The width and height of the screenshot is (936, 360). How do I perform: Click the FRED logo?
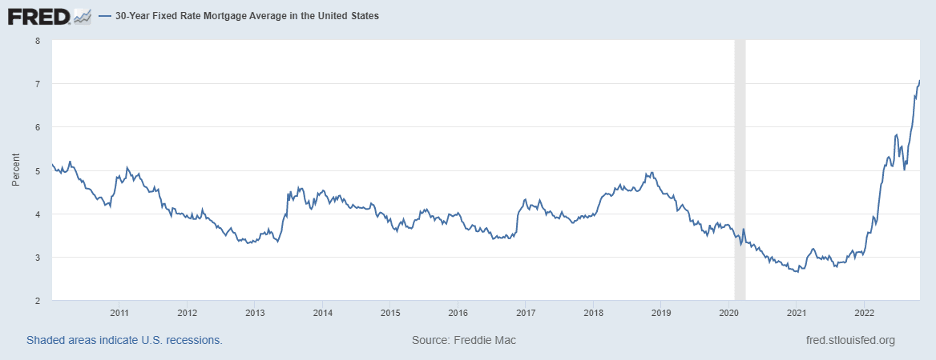(37, 17)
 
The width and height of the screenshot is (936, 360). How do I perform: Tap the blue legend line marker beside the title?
(105, 18)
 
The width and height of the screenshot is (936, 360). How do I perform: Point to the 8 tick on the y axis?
(37, 41)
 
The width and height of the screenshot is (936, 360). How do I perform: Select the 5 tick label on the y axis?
(37, 171)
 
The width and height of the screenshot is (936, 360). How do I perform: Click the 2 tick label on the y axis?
(37, 301)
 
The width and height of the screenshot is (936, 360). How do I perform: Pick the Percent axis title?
(15, 170)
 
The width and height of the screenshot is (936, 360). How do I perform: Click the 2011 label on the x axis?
(118, 313)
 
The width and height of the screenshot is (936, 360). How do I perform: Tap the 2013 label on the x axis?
(254, 313)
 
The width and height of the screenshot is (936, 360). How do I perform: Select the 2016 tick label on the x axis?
(457, 313)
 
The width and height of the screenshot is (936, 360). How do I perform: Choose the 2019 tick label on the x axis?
(660, 313)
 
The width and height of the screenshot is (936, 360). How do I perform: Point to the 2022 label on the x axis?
(863, 313)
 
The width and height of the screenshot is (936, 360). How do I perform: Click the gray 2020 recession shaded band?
(740, 170)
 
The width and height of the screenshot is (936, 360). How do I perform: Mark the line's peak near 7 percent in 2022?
(919, 81)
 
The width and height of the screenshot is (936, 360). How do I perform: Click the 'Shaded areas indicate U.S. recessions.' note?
(124, 340)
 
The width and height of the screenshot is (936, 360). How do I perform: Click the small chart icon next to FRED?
(82, 17)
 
